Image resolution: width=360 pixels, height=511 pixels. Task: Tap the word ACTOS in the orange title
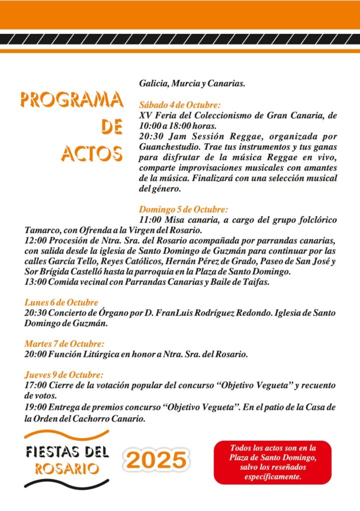tap(92, 153)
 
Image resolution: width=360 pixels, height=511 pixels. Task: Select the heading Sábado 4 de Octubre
tap(179, 105)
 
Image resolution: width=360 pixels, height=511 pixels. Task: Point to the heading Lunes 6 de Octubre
tap(61, 302)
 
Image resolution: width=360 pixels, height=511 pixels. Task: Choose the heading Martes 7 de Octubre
tap(64, 344)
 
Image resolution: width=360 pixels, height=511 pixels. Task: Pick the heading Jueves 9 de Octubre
tap(64, 375)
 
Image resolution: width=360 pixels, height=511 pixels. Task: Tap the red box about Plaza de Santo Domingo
tap(273, 462)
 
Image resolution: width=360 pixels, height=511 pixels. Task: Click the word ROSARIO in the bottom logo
tap(66, 469)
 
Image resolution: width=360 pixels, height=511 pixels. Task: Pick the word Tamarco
tap(41, 231)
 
